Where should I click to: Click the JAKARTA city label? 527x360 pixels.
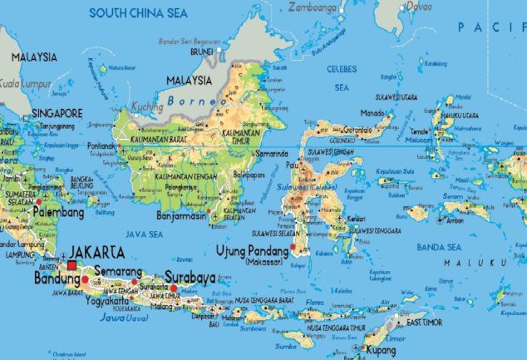97,251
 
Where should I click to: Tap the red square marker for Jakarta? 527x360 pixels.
73,265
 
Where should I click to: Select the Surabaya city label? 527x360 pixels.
190,277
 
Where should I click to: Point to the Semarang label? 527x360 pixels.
118,271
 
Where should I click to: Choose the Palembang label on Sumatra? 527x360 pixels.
59,213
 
